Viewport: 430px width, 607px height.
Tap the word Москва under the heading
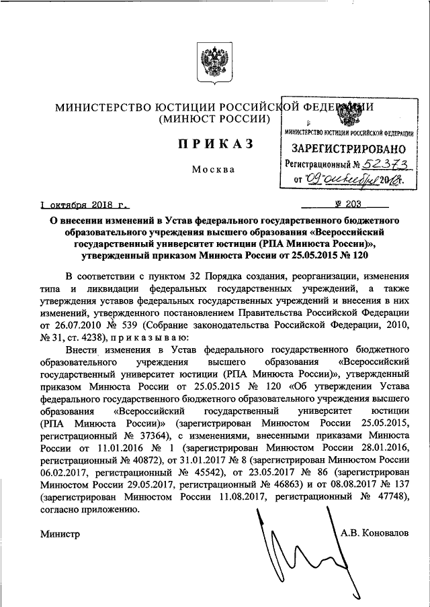pyautogui.click(x=212, y=169)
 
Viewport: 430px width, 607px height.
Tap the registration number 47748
pyautogui.click(x=388, y=496)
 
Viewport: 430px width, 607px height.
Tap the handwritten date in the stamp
pyautogui.click(x=353, y=179)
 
